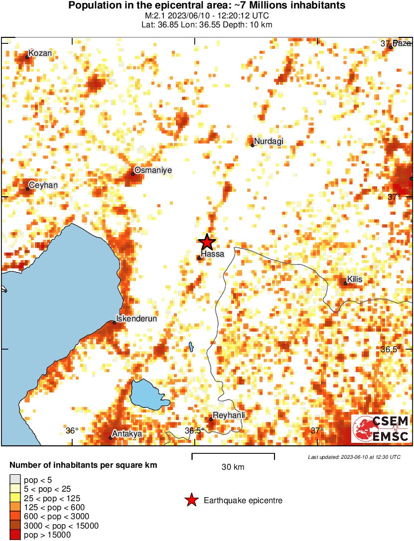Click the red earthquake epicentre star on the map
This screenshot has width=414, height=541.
coord(207,243)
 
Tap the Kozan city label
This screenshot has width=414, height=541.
coord(40,53)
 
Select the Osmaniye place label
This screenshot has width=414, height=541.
coord(153,170)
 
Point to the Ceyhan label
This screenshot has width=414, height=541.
coord(44,185)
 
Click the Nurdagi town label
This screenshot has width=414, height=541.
coord(269,141)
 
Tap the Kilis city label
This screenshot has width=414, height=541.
coord(355,279)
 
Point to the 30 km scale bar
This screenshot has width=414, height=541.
coord(233,455)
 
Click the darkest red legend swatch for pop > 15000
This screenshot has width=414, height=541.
coord(15,535)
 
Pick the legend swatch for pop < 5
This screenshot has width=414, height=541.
coord(15,480)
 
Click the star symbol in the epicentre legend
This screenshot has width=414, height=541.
coord(191,501)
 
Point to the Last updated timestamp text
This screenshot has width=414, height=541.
coord(354,457)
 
